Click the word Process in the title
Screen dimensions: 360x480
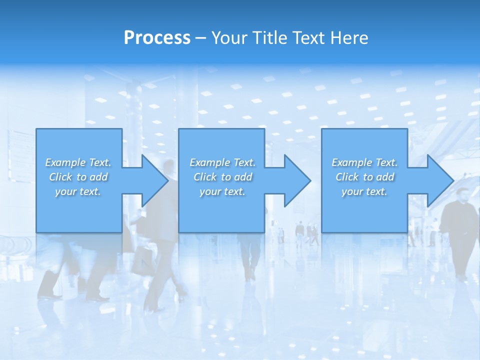[x=157, y=38]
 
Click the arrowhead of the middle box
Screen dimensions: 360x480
[x=293, y=180]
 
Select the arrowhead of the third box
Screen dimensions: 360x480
[x=436, y=180]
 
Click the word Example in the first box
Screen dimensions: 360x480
[x=65, y=162]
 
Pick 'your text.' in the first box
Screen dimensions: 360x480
[x=78, y=191]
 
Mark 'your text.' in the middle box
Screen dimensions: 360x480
[x=222, y=191]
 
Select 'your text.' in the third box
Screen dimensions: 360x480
[x=364, y=191]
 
